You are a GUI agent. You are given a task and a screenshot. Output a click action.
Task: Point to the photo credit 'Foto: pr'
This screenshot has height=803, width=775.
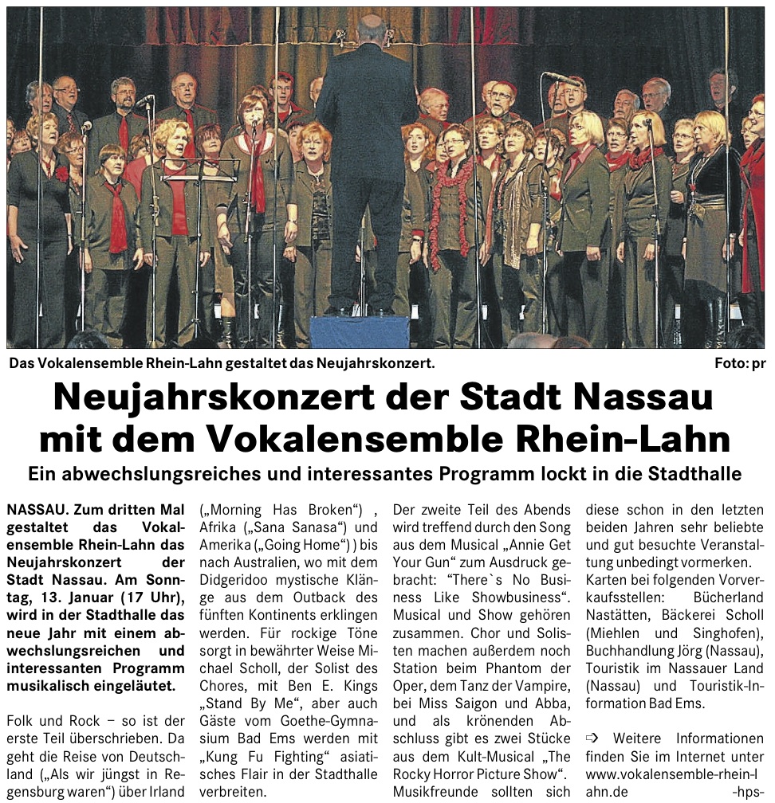coord(739,364)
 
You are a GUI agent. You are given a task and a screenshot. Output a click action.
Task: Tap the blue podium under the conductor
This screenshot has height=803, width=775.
coord(359,331)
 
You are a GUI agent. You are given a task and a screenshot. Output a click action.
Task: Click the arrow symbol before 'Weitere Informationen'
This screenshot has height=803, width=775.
coord(592,738)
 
